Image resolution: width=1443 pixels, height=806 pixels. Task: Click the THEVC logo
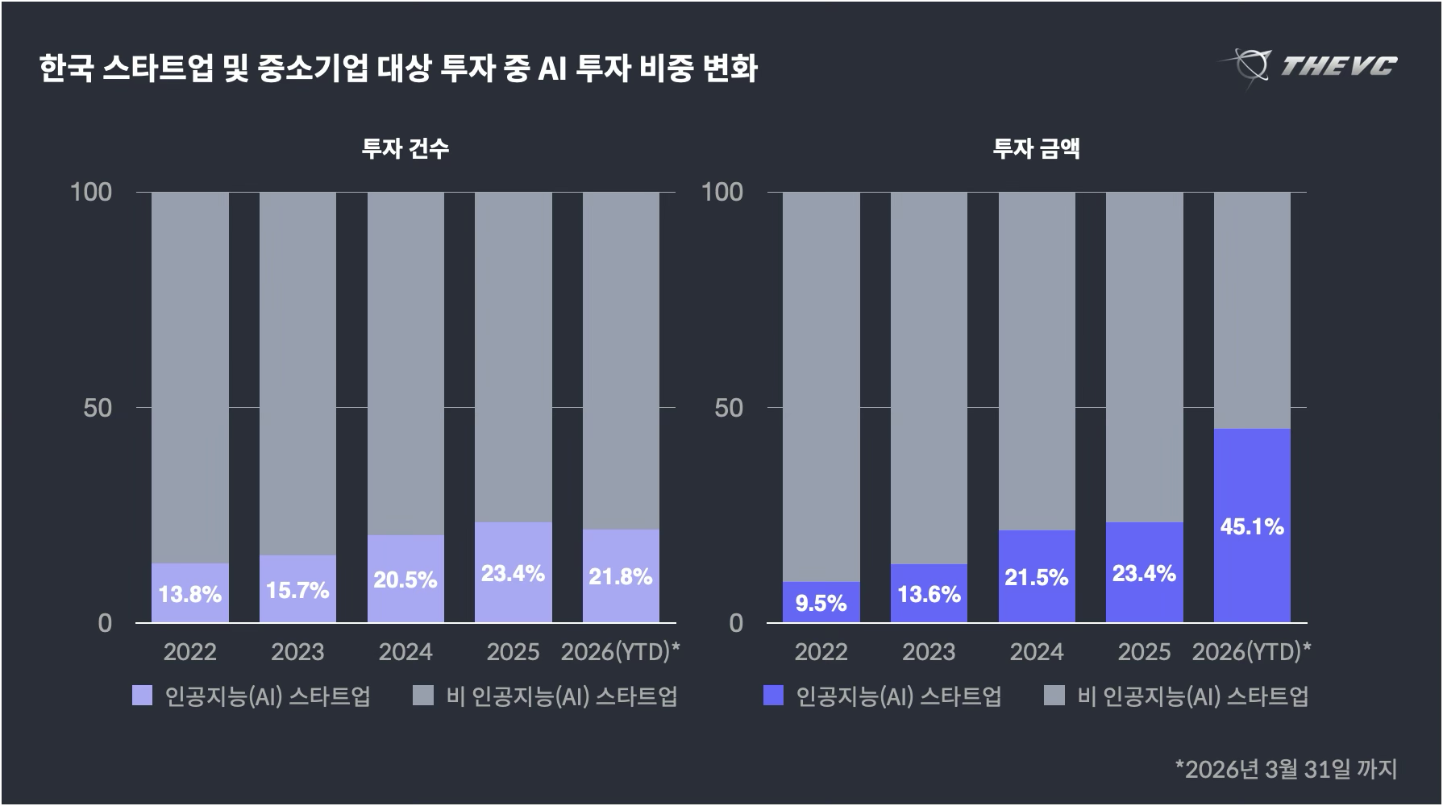(x=1308, y=64)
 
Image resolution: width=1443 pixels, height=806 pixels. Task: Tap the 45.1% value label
(x=1252, y=527)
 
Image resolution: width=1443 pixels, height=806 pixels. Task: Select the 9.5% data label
(x=821, y=603)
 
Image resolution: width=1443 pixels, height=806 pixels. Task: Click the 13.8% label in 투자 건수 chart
(x=189, y=595)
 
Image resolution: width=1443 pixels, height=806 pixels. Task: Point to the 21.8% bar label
(x=620, y=577)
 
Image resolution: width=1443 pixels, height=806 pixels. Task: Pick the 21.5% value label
(x=1036, y=578)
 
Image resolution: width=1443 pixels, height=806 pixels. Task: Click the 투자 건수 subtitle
(x=405, y=148)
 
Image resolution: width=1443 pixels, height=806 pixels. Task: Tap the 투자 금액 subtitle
(x=1036, y=148)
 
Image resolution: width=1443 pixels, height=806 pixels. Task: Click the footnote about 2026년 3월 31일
(x=1286, y=768)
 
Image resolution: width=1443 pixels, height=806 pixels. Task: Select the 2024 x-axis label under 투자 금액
(x=1036, y=651)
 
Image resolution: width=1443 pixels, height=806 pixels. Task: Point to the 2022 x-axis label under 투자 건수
(x=189, y=651)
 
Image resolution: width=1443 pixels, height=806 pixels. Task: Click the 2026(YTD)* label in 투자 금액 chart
(x=1251, y=651)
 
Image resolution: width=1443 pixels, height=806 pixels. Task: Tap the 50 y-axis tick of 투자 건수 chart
(x=98, y=408)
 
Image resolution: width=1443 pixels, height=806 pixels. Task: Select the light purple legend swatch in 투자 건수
(x=142, y=696)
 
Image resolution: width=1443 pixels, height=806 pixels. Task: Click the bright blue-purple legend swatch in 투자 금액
(x=773, y=696)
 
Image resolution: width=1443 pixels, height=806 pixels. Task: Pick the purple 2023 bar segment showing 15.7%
(x=297, y=588)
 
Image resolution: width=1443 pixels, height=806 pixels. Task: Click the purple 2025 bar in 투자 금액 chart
(x=1144, y=572)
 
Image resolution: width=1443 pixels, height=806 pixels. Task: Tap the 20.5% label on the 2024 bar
(x=405, y=580)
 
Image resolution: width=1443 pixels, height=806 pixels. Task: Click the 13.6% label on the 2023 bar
(x=929, y=595)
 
